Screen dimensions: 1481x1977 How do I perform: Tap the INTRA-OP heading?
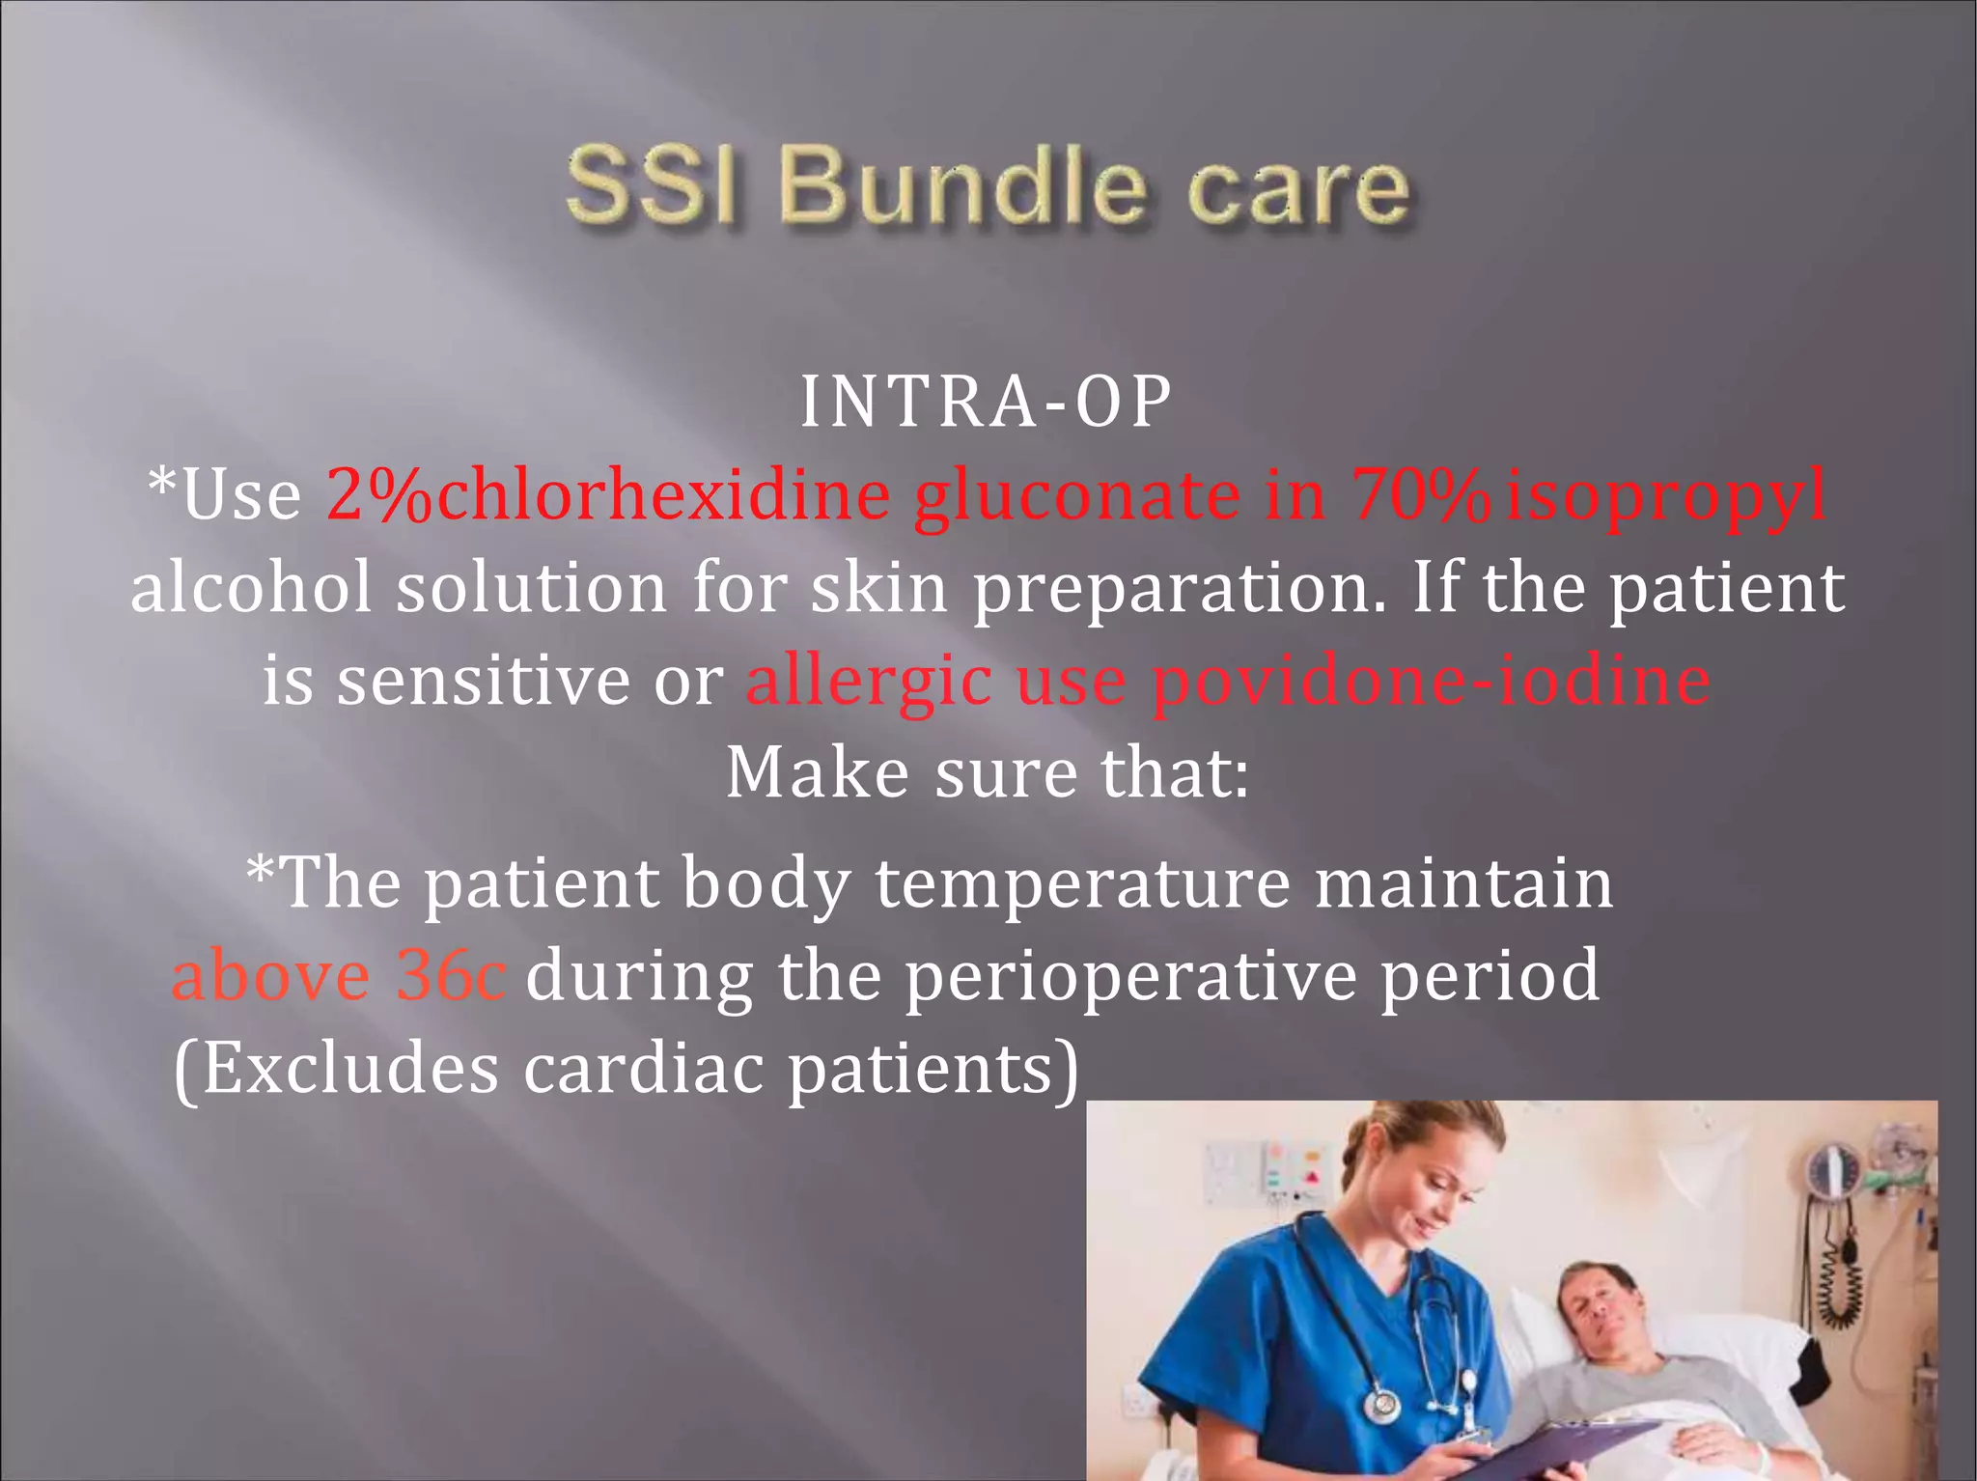click(986, 402)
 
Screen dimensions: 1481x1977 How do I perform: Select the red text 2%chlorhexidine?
click(608, 494)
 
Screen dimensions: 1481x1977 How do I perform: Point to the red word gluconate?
click(1076, 496)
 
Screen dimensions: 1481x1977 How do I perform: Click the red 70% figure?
click(1420, 494)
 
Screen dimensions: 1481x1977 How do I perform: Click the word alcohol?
click(251, 587)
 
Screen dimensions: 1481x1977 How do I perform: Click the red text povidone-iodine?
click(1432, 680)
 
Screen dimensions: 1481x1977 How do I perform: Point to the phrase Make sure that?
click(987, 772)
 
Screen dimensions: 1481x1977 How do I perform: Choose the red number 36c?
click(450, 975)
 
